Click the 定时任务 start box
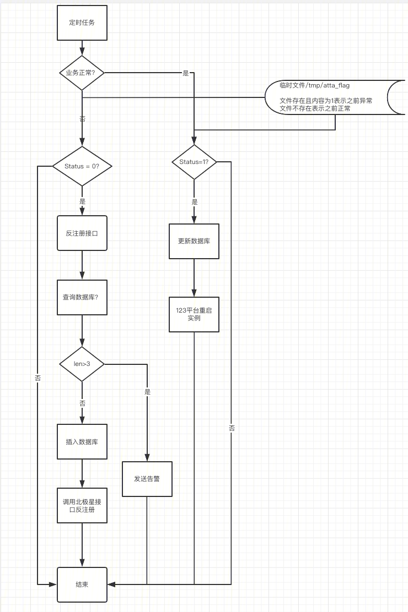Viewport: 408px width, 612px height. [82, 23]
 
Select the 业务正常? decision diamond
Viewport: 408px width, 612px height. [82, 73]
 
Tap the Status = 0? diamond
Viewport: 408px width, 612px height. [82, 166]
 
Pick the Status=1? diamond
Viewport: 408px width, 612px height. [194, 162]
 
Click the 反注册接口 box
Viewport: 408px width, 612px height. [82, 233]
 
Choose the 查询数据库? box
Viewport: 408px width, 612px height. [82, 297]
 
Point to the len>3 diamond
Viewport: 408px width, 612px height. [82, 364]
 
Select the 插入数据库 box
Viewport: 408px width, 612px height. [82, 442]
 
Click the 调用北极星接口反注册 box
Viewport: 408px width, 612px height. [82, 505]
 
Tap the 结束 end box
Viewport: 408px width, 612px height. [82, 584]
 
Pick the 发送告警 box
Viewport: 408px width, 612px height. [147, 479]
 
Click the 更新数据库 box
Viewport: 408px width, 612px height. [194, 241]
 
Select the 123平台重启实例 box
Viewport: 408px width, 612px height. [194, 315]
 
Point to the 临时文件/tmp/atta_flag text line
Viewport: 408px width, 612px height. [314, 85]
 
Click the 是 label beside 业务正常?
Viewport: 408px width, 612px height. [186, 73]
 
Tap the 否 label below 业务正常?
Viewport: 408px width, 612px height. [82, 119]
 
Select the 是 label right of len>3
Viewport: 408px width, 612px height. [147, 392]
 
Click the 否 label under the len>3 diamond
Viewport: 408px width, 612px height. [82, 403]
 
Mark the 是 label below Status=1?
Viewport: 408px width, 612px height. [195, 202]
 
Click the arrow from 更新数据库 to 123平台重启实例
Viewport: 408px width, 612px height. [194, 278]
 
